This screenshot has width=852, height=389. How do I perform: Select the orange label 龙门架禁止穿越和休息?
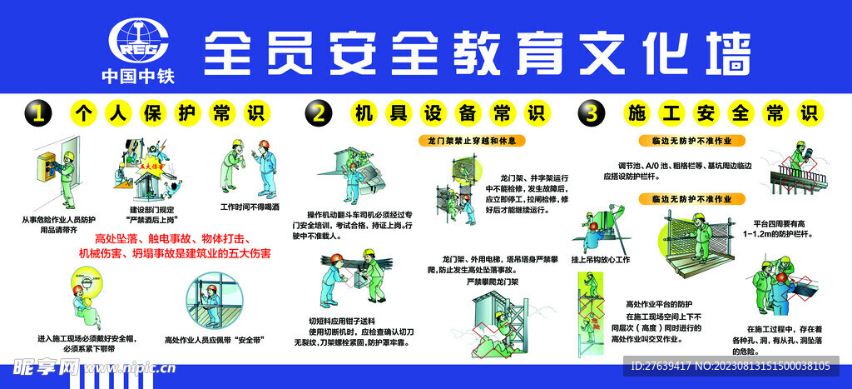[471, 140]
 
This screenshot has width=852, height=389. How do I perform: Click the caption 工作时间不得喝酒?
[250, 206]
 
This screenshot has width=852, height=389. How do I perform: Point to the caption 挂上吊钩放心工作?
[600, 260]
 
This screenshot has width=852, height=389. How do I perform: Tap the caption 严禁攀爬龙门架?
[492, 282]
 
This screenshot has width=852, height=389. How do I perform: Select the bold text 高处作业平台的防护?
[658, 304]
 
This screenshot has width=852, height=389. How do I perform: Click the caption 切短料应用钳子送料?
[342, 320]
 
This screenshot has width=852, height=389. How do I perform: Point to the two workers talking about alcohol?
[250, 167]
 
